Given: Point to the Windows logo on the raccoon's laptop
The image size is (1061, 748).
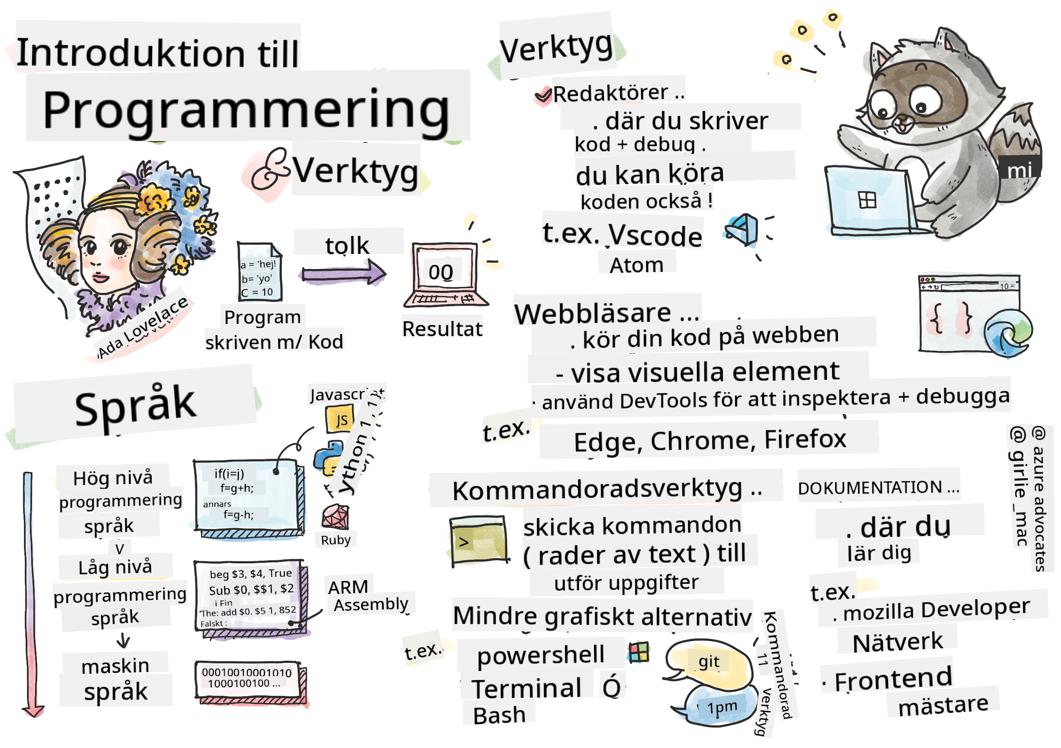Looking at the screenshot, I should [x=867, y=200].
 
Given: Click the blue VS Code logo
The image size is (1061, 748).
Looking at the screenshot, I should [x=742, y=230].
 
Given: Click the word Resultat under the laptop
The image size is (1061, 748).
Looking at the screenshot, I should [x=442, y=329].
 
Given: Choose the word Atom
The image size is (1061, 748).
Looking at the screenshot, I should [x=637, y=266].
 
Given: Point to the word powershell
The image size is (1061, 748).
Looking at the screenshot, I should [x=541, y=655].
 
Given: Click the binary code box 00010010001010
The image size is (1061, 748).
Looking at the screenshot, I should [x=247, y=678].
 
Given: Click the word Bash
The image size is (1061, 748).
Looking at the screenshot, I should [x=499, y=715].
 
